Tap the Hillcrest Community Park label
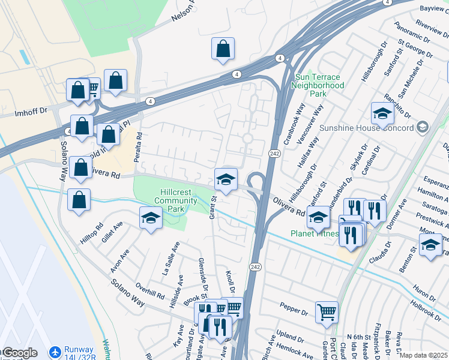pyautogui.click(x=176, y=200)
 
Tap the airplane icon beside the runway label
pyautogui.click(x=55, y=350)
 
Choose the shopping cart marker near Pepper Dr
pyautogui.click(x=326, y=311)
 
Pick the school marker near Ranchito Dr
pyautogui.click(x=382, y=112)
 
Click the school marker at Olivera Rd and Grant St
pyautogui.click(x=226, y=179)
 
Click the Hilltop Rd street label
pyautogui.click(x=92, y=232)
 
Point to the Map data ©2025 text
pyautogui.click(x=423, y=355)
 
